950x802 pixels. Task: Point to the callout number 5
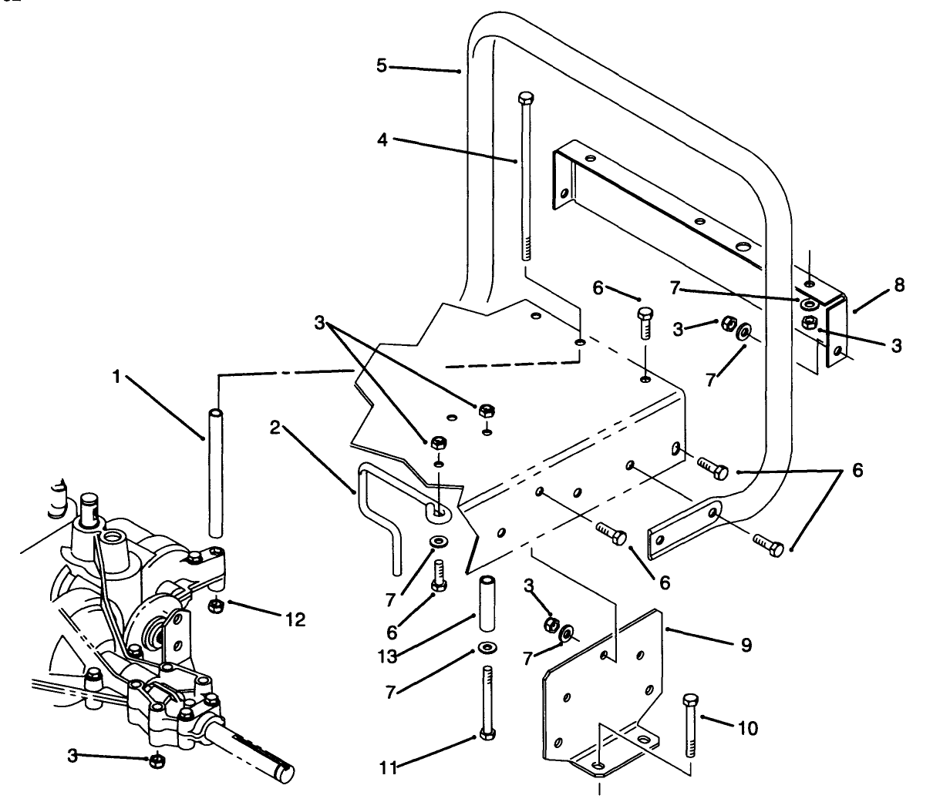point(381,65)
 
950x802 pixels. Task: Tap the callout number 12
point(295,619)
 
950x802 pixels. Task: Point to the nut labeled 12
point(217,604)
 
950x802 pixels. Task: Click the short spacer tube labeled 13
point(487,603)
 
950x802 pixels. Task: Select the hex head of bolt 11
point(487,733)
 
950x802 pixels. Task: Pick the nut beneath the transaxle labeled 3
point(156,761)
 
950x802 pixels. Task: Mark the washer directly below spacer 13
point(487,646)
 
